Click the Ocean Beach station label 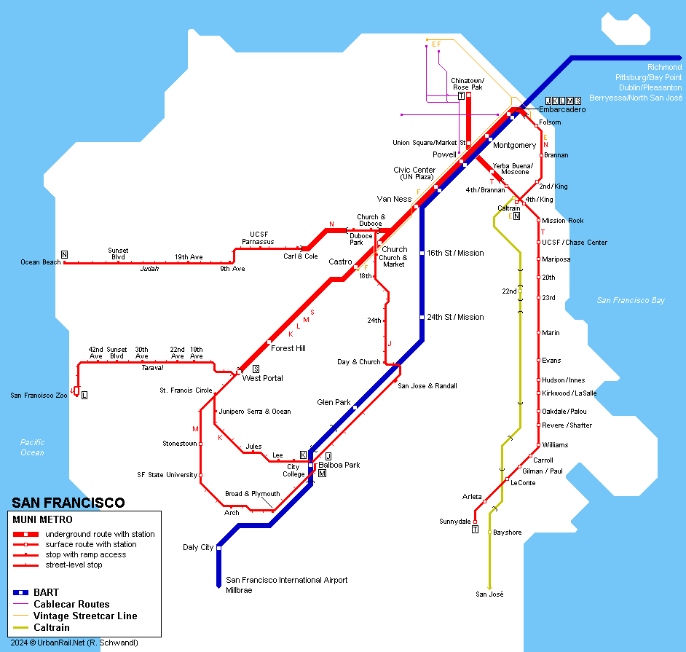click(40, 262)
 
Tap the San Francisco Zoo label click(39, 396)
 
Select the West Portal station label click(262, 378)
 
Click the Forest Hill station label click(288, 348)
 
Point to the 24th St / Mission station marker click(422, 317)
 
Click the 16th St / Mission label click(455, 253)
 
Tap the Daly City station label click(197, 547)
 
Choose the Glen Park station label click(334, 402)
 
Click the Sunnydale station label click(454, 522)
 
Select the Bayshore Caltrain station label click(508, 533)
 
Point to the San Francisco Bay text click(631, 300)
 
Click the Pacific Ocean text click(32, 447)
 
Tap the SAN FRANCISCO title click(68, 503)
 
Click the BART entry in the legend click(46, 592)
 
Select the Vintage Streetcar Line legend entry click(85, 616)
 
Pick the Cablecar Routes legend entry click(71, 604)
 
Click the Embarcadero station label click(561, 109)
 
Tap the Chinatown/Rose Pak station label click(467, 84)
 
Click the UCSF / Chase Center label click(575, 243)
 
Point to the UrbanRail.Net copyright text click(74, 643)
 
